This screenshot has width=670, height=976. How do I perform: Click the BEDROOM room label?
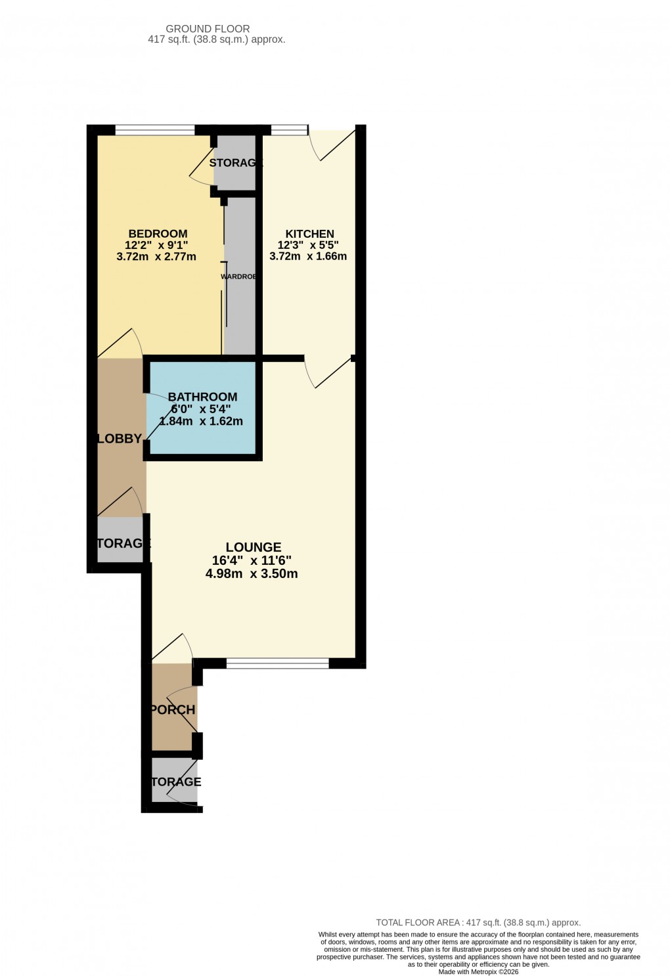pos(158,234)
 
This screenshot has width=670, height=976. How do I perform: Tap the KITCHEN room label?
pos(309,234)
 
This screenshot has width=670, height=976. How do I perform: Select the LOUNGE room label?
pos(253,547)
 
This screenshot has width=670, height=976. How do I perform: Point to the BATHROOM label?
pos(202,397)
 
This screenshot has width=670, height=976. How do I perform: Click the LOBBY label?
pos(120,439)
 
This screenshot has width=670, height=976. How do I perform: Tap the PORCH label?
pos(173,710)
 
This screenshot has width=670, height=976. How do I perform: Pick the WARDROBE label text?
pos(238,277)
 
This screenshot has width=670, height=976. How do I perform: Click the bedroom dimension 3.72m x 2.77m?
pos(156,257)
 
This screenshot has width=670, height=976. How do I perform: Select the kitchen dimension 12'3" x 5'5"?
pos(308,245)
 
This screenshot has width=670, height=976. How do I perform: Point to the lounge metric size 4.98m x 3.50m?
pos(252,573)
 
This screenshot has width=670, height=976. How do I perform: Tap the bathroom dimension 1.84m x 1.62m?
pos(201,422)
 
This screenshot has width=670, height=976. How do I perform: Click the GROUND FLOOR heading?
pos(208,29)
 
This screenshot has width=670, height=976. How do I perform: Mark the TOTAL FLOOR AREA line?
pos(478,923)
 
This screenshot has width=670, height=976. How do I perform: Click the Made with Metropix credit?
pos(478,972)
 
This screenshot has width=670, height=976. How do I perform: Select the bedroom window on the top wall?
pos(155,130)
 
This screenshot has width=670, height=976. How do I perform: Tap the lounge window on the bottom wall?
pos(277,663)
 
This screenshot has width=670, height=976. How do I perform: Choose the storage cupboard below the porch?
pos(175,781)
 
